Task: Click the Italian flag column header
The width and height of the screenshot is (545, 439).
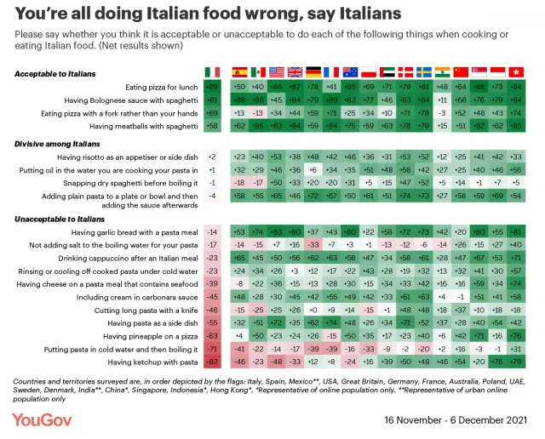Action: coord(212,72)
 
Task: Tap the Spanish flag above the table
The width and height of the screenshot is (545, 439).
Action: coord(239,72)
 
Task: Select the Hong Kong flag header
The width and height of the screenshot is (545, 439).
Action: coord(515,72)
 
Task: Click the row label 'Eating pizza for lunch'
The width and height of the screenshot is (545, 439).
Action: coord(163,88)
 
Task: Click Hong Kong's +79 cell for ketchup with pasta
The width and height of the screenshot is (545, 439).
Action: coord(515,362)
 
